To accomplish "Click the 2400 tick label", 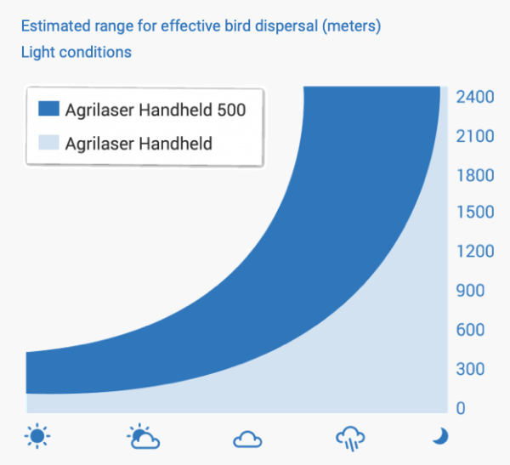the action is tap(475, 97).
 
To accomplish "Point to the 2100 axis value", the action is tap(475, 136).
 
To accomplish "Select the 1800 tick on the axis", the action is tap(475, 175).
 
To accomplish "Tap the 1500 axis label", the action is tap(475, 212).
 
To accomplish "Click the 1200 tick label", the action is tap(475, 252).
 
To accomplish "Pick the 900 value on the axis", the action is tap(470, 290).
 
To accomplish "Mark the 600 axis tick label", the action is tap(470, 330).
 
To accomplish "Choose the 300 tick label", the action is tap(470, 369).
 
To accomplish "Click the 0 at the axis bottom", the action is tap(461, 408).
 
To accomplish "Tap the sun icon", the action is tap(37, 436).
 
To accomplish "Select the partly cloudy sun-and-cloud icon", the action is tap(144, 436).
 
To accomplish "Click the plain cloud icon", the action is tap(247, 439).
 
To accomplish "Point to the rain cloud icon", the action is tap(350, 439).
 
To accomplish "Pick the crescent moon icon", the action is tap(441, 436).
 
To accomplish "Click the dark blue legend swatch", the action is tap(48, 108).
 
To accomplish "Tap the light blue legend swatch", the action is tap(48, 142).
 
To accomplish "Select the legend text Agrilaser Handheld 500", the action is tap(156, 110).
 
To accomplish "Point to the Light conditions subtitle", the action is tap(76, 52).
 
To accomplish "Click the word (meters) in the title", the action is tap(352, 26).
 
